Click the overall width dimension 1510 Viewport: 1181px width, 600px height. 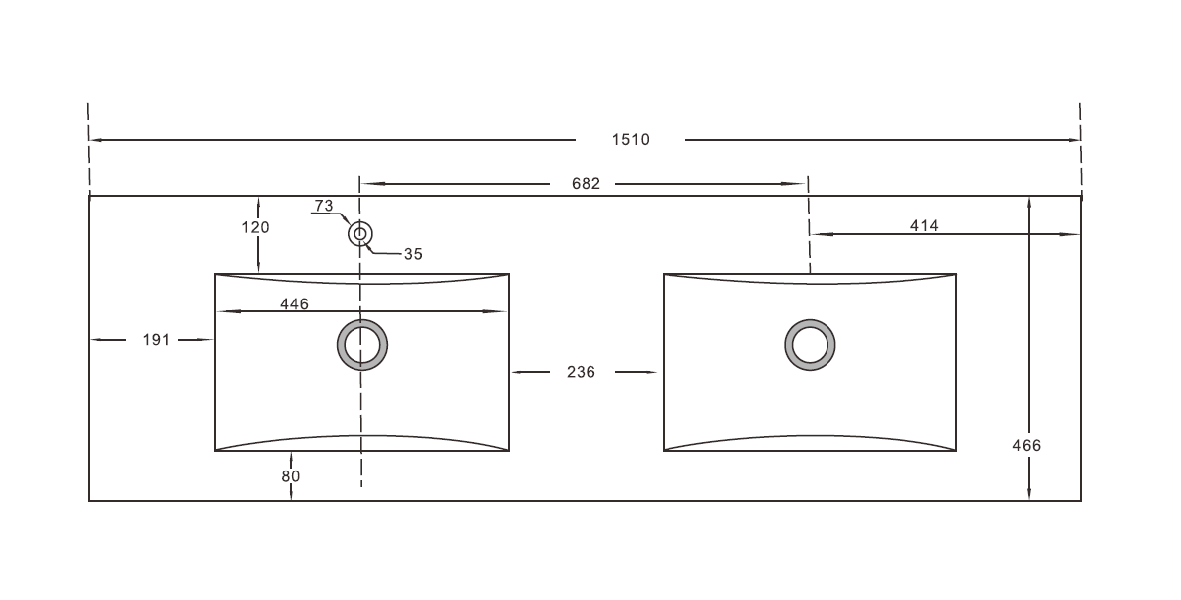click(x=630, y=139)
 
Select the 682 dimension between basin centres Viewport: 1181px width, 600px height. click(x=586, y=183)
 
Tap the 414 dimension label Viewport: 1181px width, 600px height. click(x=924, y=225)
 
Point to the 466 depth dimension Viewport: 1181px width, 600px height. click(x=1027, y=446)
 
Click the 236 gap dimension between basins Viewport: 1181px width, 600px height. click(x=581, y=372)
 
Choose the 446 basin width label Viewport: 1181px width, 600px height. click(x=294, y=303)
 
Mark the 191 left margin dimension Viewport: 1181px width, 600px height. click(x=157, y=340)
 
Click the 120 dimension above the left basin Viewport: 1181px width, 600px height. click(x=256, y=227)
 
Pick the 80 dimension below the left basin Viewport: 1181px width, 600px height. click(x=291, y=476)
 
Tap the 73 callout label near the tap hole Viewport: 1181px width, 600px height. click(x=324, y=205)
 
